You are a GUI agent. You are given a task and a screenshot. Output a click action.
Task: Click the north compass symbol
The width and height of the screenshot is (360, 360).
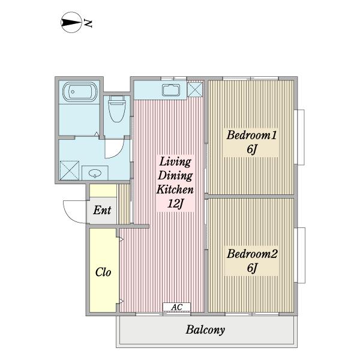click(71, 22)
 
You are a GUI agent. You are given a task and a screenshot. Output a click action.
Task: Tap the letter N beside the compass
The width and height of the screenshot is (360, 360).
click(88, 23)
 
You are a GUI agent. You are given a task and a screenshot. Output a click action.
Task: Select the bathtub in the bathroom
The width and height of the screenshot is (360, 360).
click(80, 92)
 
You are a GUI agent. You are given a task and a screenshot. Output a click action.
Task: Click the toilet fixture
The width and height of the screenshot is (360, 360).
click(117, 109)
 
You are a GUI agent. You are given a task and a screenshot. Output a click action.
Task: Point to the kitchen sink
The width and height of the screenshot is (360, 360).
click(171, 90)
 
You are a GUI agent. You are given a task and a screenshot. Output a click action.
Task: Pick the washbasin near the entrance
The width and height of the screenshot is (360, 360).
click(95, 173)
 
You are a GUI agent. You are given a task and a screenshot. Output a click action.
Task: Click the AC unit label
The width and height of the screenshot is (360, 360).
click(176, 307)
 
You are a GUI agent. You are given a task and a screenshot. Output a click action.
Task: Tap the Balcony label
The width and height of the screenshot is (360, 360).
click(205, 330)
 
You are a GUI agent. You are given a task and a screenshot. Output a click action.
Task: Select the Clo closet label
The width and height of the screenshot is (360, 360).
click(103, 272)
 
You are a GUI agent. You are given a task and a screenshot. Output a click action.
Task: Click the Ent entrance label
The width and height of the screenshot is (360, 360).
click(102, 210)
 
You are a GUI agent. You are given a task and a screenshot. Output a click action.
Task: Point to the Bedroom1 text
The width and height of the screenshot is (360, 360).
click(251, 135)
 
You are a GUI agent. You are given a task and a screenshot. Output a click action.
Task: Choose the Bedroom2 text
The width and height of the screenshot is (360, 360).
click(252, 254)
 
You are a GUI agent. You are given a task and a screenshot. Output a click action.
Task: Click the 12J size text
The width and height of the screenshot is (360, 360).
click(176, 203)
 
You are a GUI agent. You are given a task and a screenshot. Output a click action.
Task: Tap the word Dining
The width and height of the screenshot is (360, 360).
click(175, 176)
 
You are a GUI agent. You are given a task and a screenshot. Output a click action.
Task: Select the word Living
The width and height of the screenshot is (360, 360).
click(175, 161)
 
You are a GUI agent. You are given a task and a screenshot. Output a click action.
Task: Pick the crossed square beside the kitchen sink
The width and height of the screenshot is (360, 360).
click(195, 89)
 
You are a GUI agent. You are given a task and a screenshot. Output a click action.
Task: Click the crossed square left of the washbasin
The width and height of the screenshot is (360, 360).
click(70, 170)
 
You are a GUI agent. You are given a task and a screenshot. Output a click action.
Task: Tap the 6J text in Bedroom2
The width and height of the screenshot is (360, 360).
click(251, 268)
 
